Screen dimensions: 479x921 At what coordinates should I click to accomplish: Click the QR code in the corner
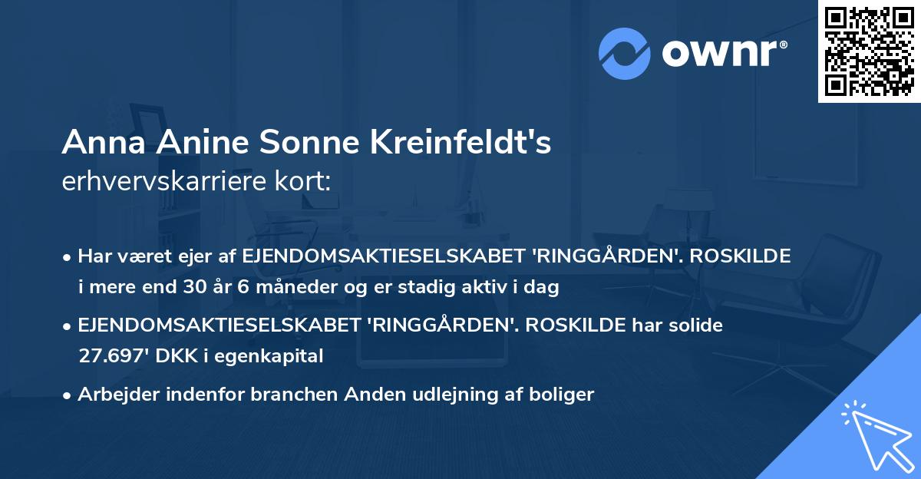869,51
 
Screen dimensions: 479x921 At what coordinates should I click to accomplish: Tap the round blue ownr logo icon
625,54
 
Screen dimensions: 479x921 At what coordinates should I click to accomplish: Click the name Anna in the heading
97,144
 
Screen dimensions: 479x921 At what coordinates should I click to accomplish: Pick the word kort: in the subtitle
305,182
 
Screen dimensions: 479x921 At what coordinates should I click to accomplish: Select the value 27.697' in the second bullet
111,356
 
